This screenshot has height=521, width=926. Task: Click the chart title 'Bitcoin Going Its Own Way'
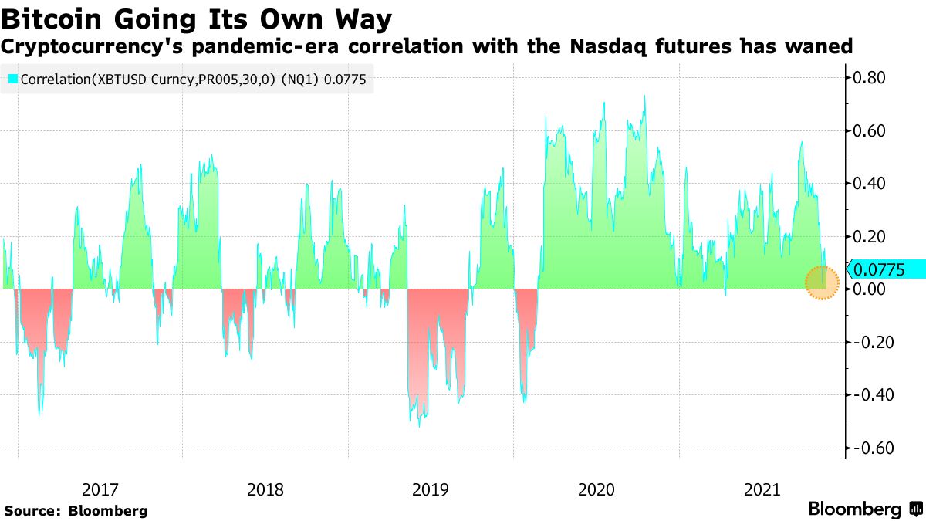(x=196, y=19)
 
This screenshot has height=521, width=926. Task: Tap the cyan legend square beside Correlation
(x=12, y=79)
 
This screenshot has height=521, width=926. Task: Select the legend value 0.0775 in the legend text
(x=349, y=79)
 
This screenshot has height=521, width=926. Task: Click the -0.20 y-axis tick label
(x=869, y=343)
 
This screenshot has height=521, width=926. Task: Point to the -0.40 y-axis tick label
(x=869, y=395)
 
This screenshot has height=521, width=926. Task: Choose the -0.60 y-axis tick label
(x=869, y=448)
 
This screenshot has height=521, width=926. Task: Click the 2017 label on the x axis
(x=100, y=489)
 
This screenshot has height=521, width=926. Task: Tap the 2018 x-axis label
(x=265, y=489)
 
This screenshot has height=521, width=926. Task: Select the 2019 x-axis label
(x=431, y=489)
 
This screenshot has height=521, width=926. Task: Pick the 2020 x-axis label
(x=596, y=489)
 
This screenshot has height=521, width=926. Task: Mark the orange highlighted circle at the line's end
(x=822, y=282)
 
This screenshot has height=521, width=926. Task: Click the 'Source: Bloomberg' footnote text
(x=76, y=511)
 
